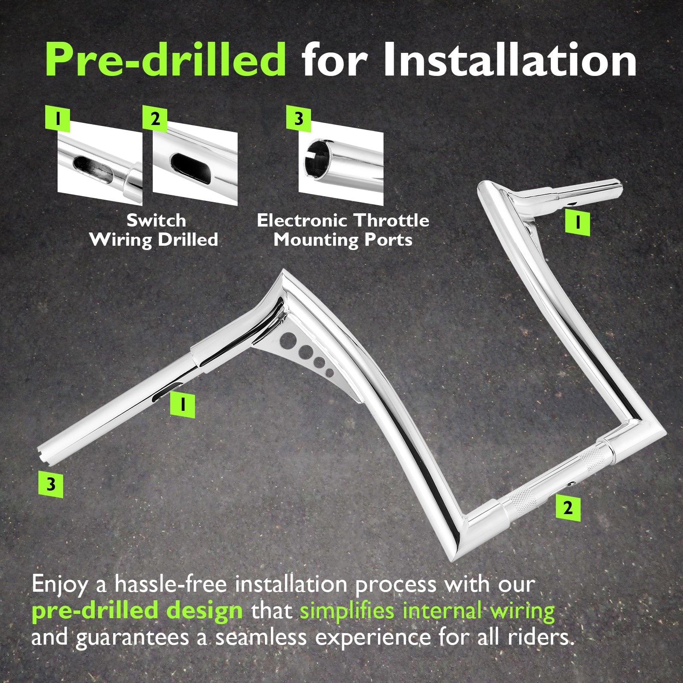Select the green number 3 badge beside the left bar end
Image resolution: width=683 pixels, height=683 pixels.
(x=51, y=485)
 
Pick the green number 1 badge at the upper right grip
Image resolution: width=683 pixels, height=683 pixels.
(x=578, y=223)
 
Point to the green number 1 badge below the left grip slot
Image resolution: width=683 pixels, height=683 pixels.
(x=183, y=405)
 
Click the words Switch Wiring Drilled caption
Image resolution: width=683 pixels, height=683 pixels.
(x=154, y=230)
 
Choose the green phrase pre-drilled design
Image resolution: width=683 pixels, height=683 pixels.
(x=137, y=610)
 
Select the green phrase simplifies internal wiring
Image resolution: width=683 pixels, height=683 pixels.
(x=427, y=611)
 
